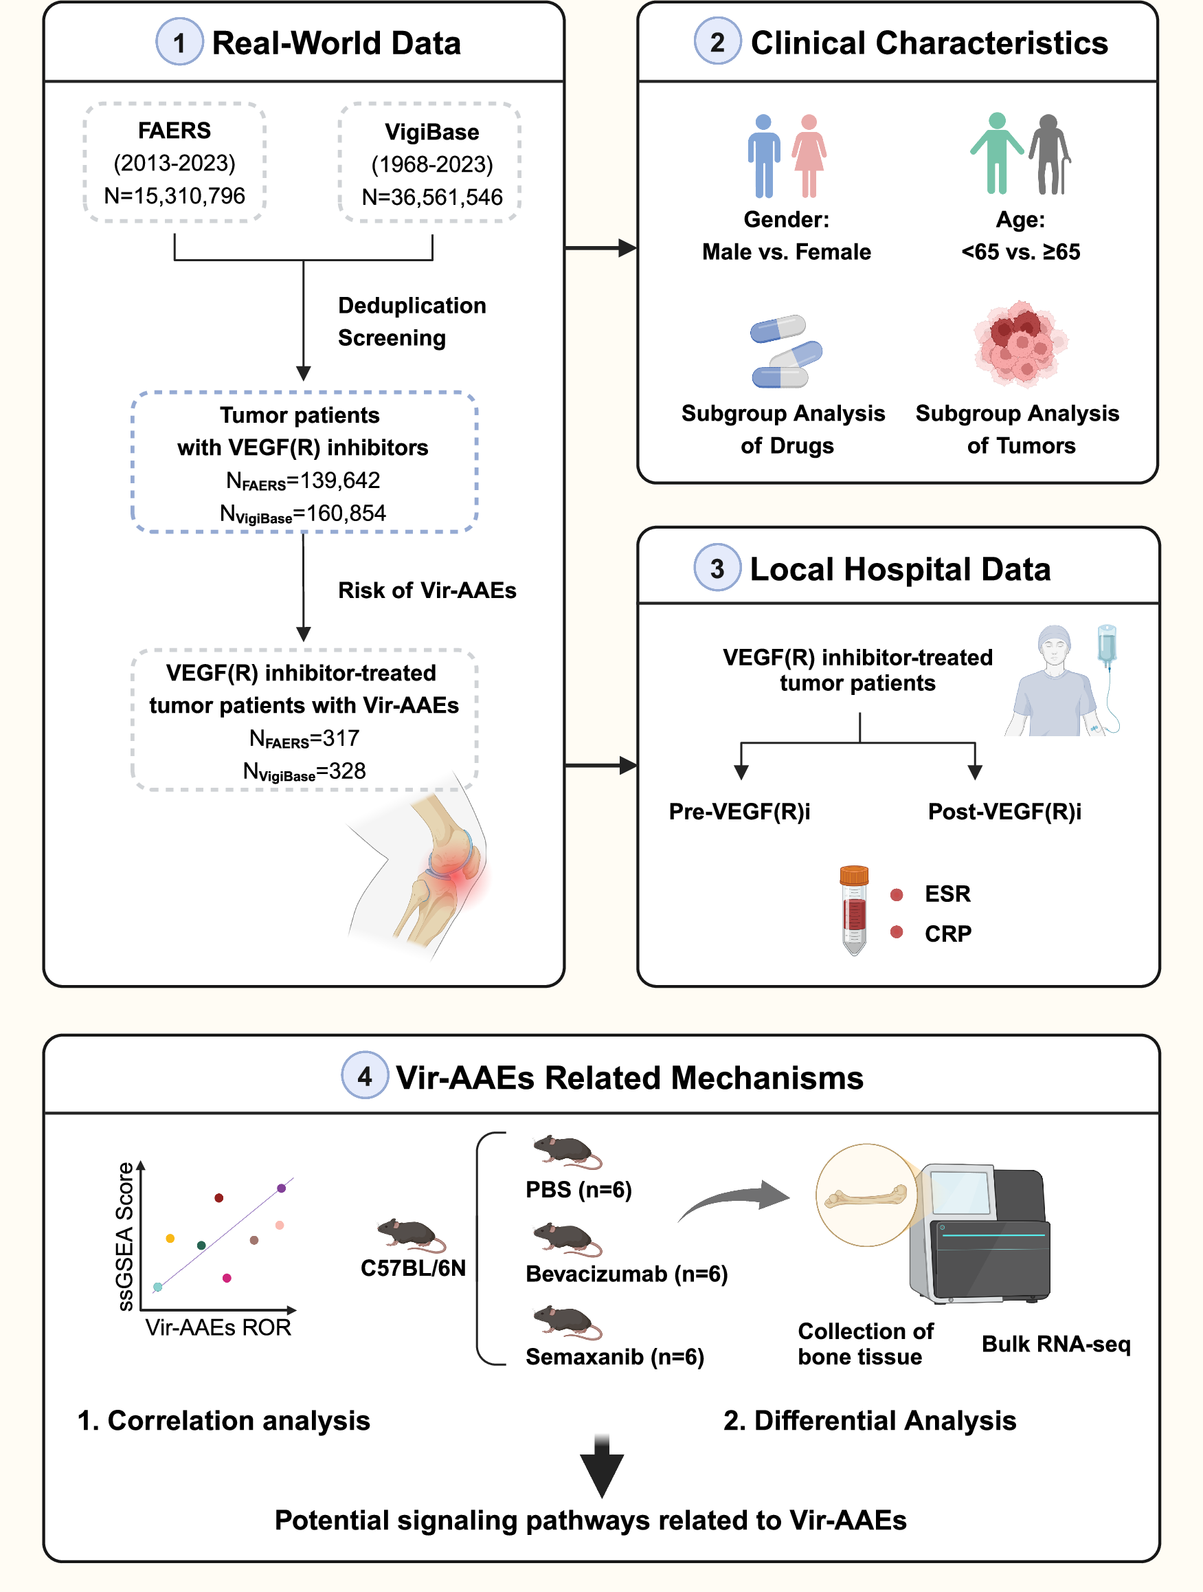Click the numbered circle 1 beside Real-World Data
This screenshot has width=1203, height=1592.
coord(179,43)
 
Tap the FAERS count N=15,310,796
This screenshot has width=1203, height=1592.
coord(174,196)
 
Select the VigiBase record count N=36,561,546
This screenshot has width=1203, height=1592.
coord(431,197)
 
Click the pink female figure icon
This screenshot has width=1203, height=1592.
coord(809,155)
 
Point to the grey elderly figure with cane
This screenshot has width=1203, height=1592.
coord(1050,155)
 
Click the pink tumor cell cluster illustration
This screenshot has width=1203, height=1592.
coord(1020,343)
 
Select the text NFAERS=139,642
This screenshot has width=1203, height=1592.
coord(302,480)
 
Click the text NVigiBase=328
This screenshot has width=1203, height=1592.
coord(304,771)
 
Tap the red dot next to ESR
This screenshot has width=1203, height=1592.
coord(897,894)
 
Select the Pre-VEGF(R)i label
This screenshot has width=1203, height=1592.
coord(739,812)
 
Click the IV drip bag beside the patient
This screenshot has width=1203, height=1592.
coord(1107,644)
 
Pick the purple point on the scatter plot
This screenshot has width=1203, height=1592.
coord(281,1189)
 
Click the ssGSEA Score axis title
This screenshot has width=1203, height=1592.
coord(125,1236)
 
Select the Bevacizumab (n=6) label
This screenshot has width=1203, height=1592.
coord(627,1274)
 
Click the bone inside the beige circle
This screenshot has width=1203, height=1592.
coord(866,1196)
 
